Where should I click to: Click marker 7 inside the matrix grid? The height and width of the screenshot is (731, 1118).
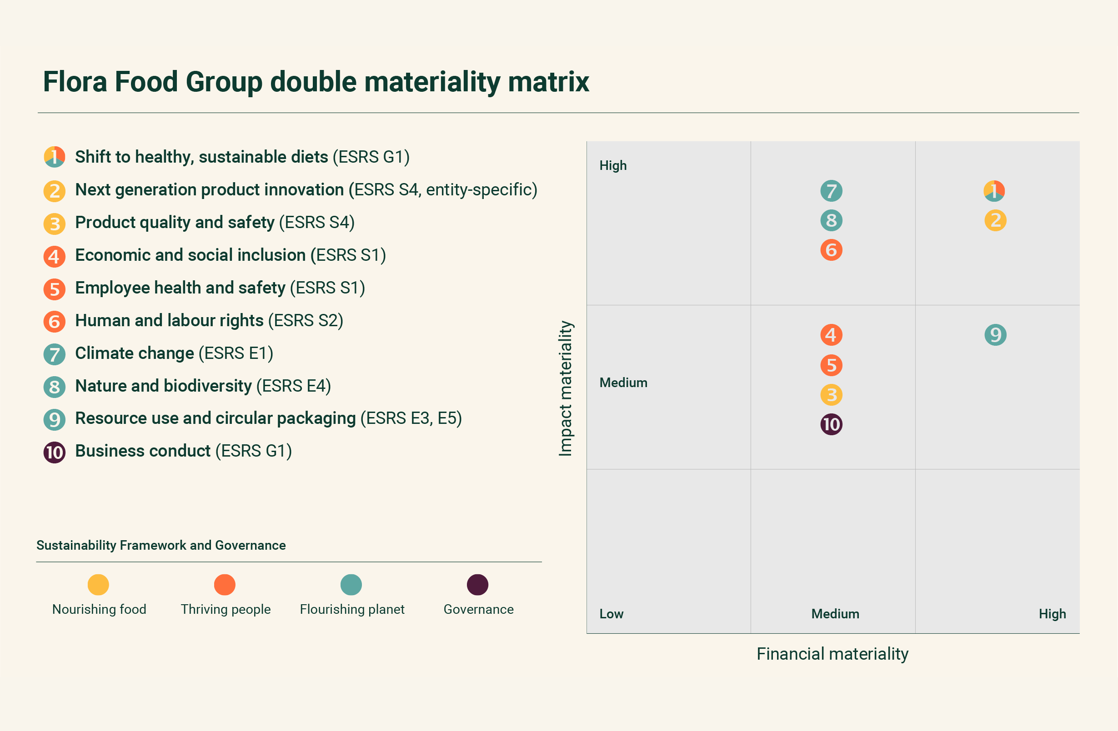[x=831, y=191]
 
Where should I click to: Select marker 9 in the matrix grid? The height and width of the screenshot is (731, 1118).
[x=995, y=335]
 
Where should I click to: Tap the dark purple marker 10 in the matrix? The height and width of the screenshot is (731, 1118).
[x=831, y=424]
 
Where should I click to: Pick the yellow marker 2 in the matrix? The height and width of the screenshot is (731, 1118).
[x=995, y=220]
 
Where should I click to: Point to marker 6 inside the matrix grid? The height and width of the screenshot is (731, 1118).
[x=831, y=250]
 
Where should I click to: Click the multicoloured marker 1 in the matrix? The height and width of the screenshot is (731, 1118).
[x=994, y=191]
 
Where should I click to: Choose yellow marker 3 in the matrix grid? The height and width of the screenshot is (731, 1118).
[x=831, y=395]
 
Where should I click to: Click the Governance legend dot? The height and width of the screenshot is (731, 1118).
[x=477, y=585]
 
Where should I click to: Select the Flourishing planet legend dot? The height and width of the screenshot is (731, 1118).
[x=351, y=585]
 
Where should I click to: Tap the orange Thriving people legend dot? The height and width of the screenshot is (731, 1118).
[x=225, y=585]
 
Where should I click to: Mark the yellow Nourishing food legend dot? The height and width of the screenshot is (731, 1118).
[x=98, y=585]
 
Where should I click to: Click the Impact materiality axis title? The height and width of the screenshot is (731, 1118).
[x=566, y=388]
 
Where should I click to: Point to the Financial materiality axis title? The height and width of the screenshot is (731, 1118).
[x=832, y=653]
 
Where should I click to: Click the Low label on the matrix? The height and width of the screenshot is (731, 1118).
[x=611, y=614]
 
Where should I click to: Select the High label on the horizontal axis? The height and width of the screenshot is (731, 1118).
[x=1052, y=614]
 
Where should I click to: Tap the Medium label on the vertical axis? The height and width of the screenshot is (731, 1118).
[x=623, y=383]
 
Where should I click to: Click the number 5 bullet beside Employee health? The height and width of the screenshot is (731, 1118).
[x=55, y=289]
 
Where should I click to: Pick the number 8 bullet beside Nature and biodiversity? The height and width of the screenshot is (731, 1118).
[x=55, y=387]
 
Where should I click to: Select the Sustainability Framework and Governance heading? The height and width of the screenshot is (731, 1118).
[x=160, y=545]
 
